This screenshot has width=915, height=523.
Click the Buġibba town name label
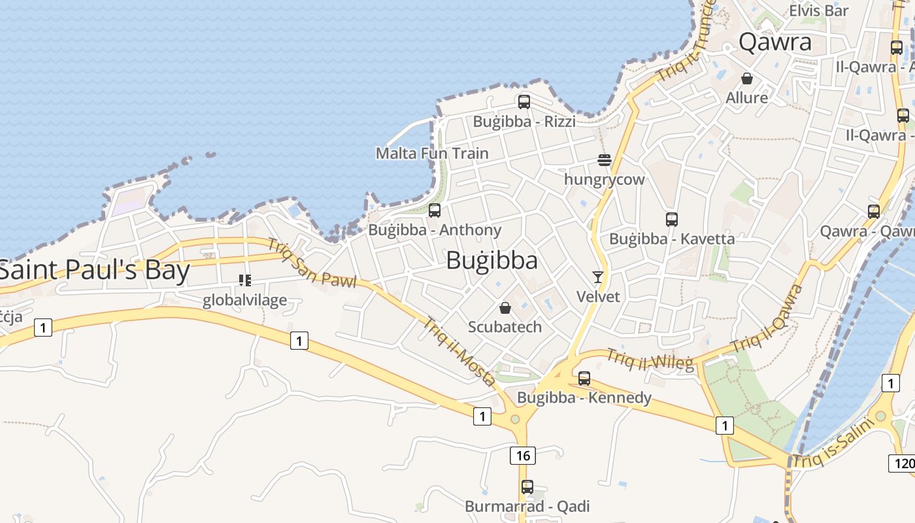pos(492,260)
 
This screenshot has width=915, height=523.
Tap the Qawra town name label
pos(775,42)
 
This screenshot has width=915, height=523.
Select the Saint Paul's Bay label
pos(95,271)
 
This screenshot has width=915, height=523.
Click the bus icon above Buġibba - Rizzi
pos(524,102)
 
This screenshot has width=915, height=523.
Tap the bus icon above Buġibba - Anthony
pos(434,211)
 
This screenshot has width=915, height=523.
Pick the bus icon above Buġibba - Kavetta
pos(671,220)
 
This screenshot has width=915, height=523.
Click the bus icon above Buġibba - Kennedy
pos(584,379)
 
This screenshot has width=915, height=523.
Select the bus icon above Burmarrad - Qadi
pos(527,487)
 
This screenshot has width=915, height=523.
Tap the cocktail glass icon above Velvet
pos(597,277)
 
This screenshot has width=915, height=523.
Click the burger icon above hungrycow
pos(604,160)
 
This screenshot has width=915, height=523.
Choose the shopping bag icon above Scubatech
pos(505,308)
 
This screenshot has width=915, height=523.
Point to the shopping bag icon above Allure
pos(747,79)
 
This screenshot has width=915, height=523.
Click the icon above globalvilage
pos(245,281)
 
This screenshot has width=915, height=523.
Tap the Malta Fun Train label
pos(432,153)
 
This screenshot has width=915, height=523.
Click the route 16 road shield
pos(522,455)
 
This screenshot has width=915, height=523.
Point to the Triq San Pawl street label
pos(312,263)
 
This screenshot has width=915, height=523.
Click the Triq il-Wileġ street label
pos(650,360)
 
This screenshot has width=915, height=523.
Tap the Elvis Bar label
pos(818,10)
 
